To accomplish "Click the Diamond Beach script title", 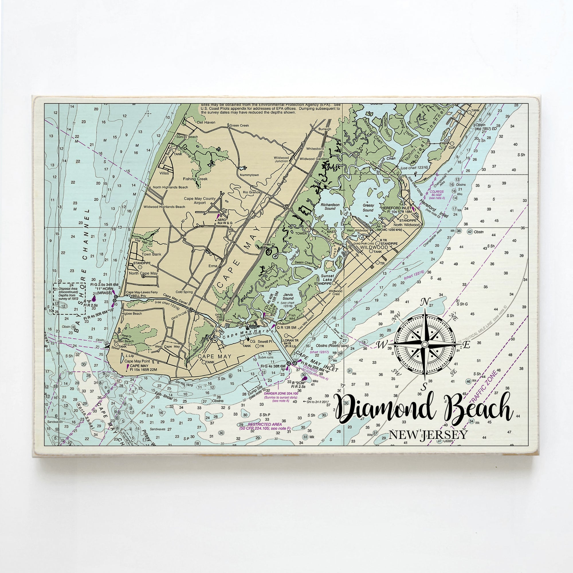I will pyautogui.click(x=424, y=409).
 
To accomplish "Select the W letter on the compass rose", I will pyautogui.click(x=381, y=345).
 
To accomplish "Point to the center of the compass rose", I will pyautogui.click(x=425, y=344).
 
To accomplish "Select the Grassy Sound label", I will pyautogui.click(x=368, y=208).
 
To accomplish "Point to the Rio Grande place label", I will pyautogui.click(x=252, y=192).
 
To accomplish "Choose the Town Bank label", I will pyautogui.click(x=152, y=254).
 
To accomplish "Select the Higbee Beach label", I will pyautogui.click(x=133, y=313).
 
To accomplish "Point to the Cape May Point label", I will pyautogui.click(x=137, y=361).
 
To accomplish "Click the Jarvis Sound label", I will pyautogui.click(x=288, y=297).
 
